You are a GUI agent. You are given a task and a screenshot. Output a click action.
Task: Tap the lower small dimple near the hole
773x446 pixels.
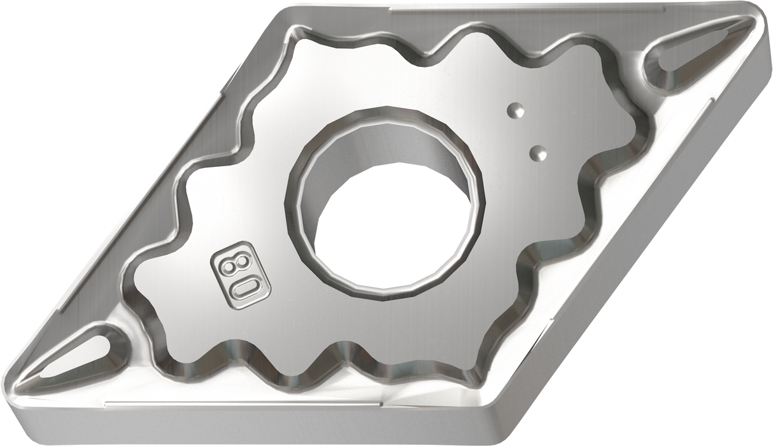coord(539,152)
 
